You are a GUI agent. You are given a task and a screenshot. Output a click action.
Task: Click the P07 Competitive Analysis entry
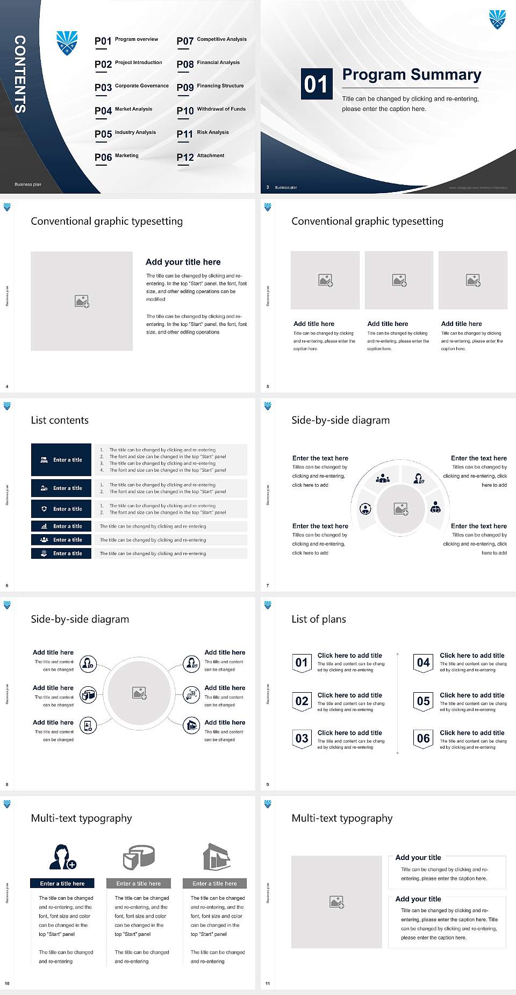point(211,40)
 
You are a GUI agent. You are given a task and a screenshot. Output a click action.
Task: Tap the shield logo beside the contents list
point(67,43)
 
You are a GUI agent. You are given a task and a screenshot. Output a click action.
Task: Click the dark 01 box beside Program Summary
point(316,84)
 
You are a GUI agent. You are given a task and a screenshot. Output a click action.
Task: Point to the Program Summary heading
point(411,75)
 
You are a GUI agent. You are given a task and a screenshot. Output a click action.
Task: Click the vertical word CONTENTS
point(20,74)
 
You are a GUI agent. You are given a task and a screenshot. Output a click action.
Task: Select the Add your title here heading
point(183,262)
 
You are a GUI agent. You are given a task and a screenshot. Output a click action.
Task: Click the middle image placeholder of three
point(399,280)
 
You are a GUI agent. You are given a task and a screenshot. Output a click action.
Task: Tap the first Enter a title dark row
point(61,460)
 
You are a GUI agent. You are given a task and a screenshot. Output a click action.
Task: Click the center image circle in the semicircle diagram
point(400,509)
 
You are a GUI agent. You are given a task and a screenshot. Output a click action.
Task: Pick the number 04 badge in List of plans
point(423,663)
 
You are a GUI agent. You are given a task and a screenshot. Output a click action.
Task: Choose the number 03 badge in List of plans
point(302,739)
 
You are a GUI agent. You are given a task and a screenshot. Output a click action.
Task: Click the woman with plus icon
point(63,857)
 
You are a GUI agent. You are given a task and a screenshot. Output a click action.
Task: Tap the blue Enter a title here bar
point(62,883)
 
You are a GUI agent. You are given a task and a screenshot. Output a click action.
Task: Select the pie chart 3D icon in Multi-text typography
point(139,857)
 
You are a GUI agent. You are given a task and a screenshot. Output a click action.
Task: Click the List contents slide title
point(60,420)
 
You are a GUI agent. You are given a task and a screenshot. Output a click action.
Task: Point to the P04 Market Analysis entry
point(124,110)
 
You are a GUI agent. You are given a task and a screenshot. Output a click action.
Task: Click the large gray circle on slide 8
point(139,693)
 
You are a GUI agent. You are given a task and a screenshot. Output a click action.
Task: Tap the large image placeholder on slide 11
point(336,902)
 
